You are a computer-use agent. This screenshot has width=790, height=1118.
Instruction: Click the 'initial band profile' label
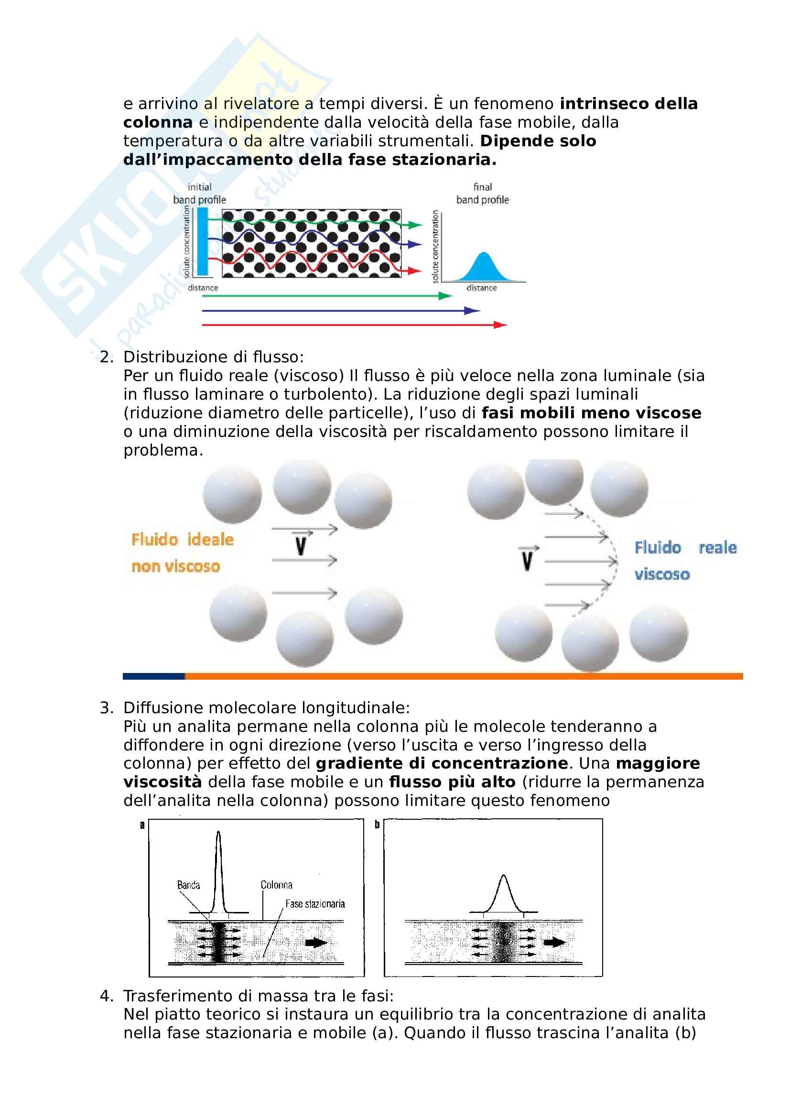click(200, 193)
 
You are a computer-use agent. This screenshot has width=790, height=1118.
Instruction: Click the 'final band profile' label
click(482, 193)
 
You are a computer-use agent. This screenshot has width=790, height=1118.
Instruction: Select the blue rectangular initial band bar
click(203, 241)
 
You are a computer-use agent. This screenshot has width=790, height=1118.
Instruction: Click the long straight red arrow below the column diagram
click(354, 325)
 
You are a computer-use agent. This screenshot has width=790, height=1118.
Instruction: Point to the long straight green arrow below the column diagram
click(326, 295)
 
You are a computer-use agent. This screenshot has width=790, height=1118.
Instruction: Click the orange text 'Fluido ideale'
click(183, 540)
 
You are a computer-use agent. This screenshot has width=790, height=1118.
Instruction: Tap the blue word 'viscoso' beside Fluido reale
click(662, 575)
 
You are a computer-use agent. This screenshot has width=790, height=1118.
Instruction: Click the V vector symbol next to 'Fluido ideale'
click(301, 544)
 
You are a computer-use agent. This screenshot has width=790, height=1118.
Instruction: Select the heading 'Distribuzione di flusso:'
click(214, 357)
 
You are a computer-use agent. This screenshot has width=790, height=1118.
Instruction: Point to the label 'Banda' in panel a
click(188, 885)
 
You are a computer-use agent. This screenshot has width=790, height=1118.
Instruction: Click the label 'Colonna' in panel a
click(276, 885)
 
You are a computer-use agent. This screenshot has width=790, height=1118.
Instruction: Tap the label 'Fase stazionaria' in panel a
click(315, 904)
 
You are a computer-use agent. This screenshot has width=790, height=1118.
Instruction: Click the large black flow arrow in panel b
click(554, 942)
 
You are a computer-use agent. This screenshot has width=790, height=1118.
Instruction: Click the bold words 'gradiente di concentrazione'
click(442, 763)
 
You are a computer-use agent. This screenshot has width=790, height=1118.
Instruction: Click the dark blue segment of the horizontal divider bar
click(154, 676)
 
